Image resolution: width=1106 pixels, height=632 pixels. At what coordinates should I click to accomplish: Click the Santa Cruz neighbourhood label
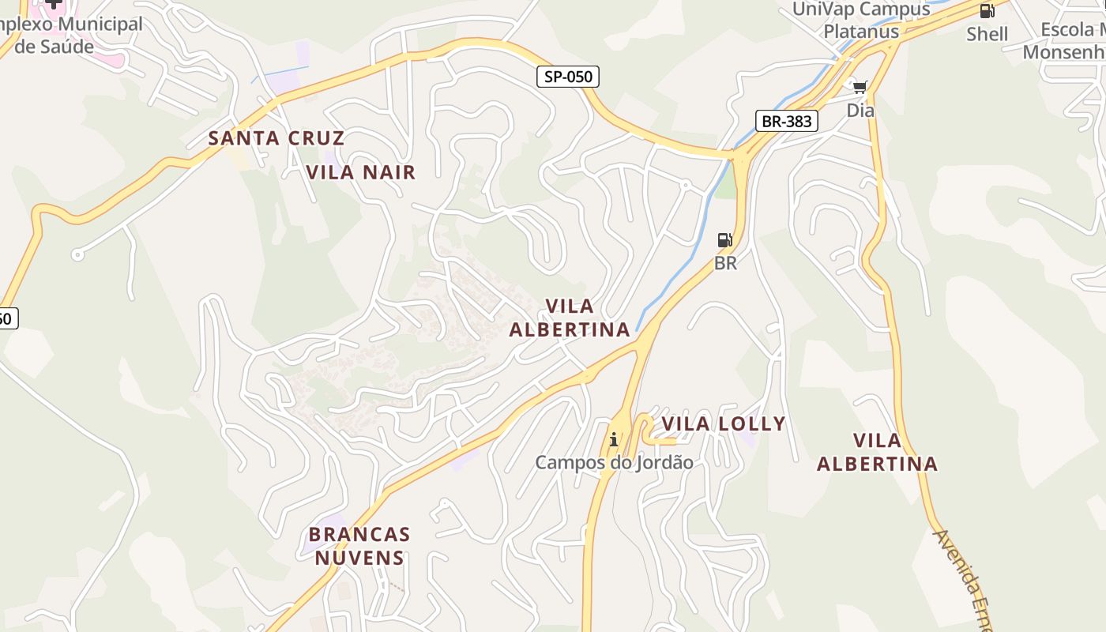click(276, 138)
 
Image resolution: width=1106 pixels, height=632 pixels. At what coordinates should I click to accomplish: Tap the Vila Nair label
click(360, 172)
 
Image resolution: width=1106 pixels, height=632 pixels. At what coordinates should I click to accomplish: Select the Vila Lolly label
click(724, 424)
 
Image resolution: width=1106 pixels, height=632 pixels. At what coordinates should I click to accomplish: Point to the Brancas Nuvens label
click(359, 546)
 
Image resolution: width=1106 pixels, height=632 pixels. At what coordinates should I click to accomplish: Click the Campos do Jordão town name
click(614, 463)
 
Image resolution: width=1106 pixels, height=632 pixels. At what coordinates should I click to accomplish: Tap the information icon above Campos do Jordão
click(614, 439)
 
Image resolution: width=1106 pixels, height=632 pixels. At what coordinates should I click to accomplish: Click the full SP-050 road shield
click(568, 77)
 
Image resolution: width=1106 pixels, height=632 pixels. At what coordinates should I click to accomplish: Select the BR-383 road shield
click(786, 122)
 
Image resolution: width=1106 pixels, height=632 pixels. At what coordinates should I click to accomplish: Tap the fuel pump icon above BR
click(724, 240)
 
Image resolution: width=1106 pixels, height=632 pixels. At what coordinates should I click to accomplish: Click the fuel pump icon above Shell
click(987, 11)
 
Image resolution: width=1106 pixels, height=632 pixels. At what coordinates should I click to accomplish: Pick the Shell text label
click(987, 34)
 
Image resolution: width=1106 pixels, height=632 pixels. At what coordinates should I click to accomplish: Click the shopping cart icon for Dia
click(860, 87)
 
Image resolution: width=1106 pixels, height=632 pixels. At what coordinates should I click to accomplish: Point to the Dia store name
click(860, 111)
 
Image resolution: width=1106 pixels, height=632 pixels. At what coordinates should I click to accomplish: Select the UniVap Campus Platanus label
click(861, 21)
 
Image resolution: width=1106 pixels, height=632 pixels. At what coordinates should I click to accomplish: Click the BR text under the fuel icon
click(725, 263)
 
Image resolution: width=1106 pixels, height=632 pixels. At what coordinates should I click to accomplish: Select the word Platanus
click(861, 32)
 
